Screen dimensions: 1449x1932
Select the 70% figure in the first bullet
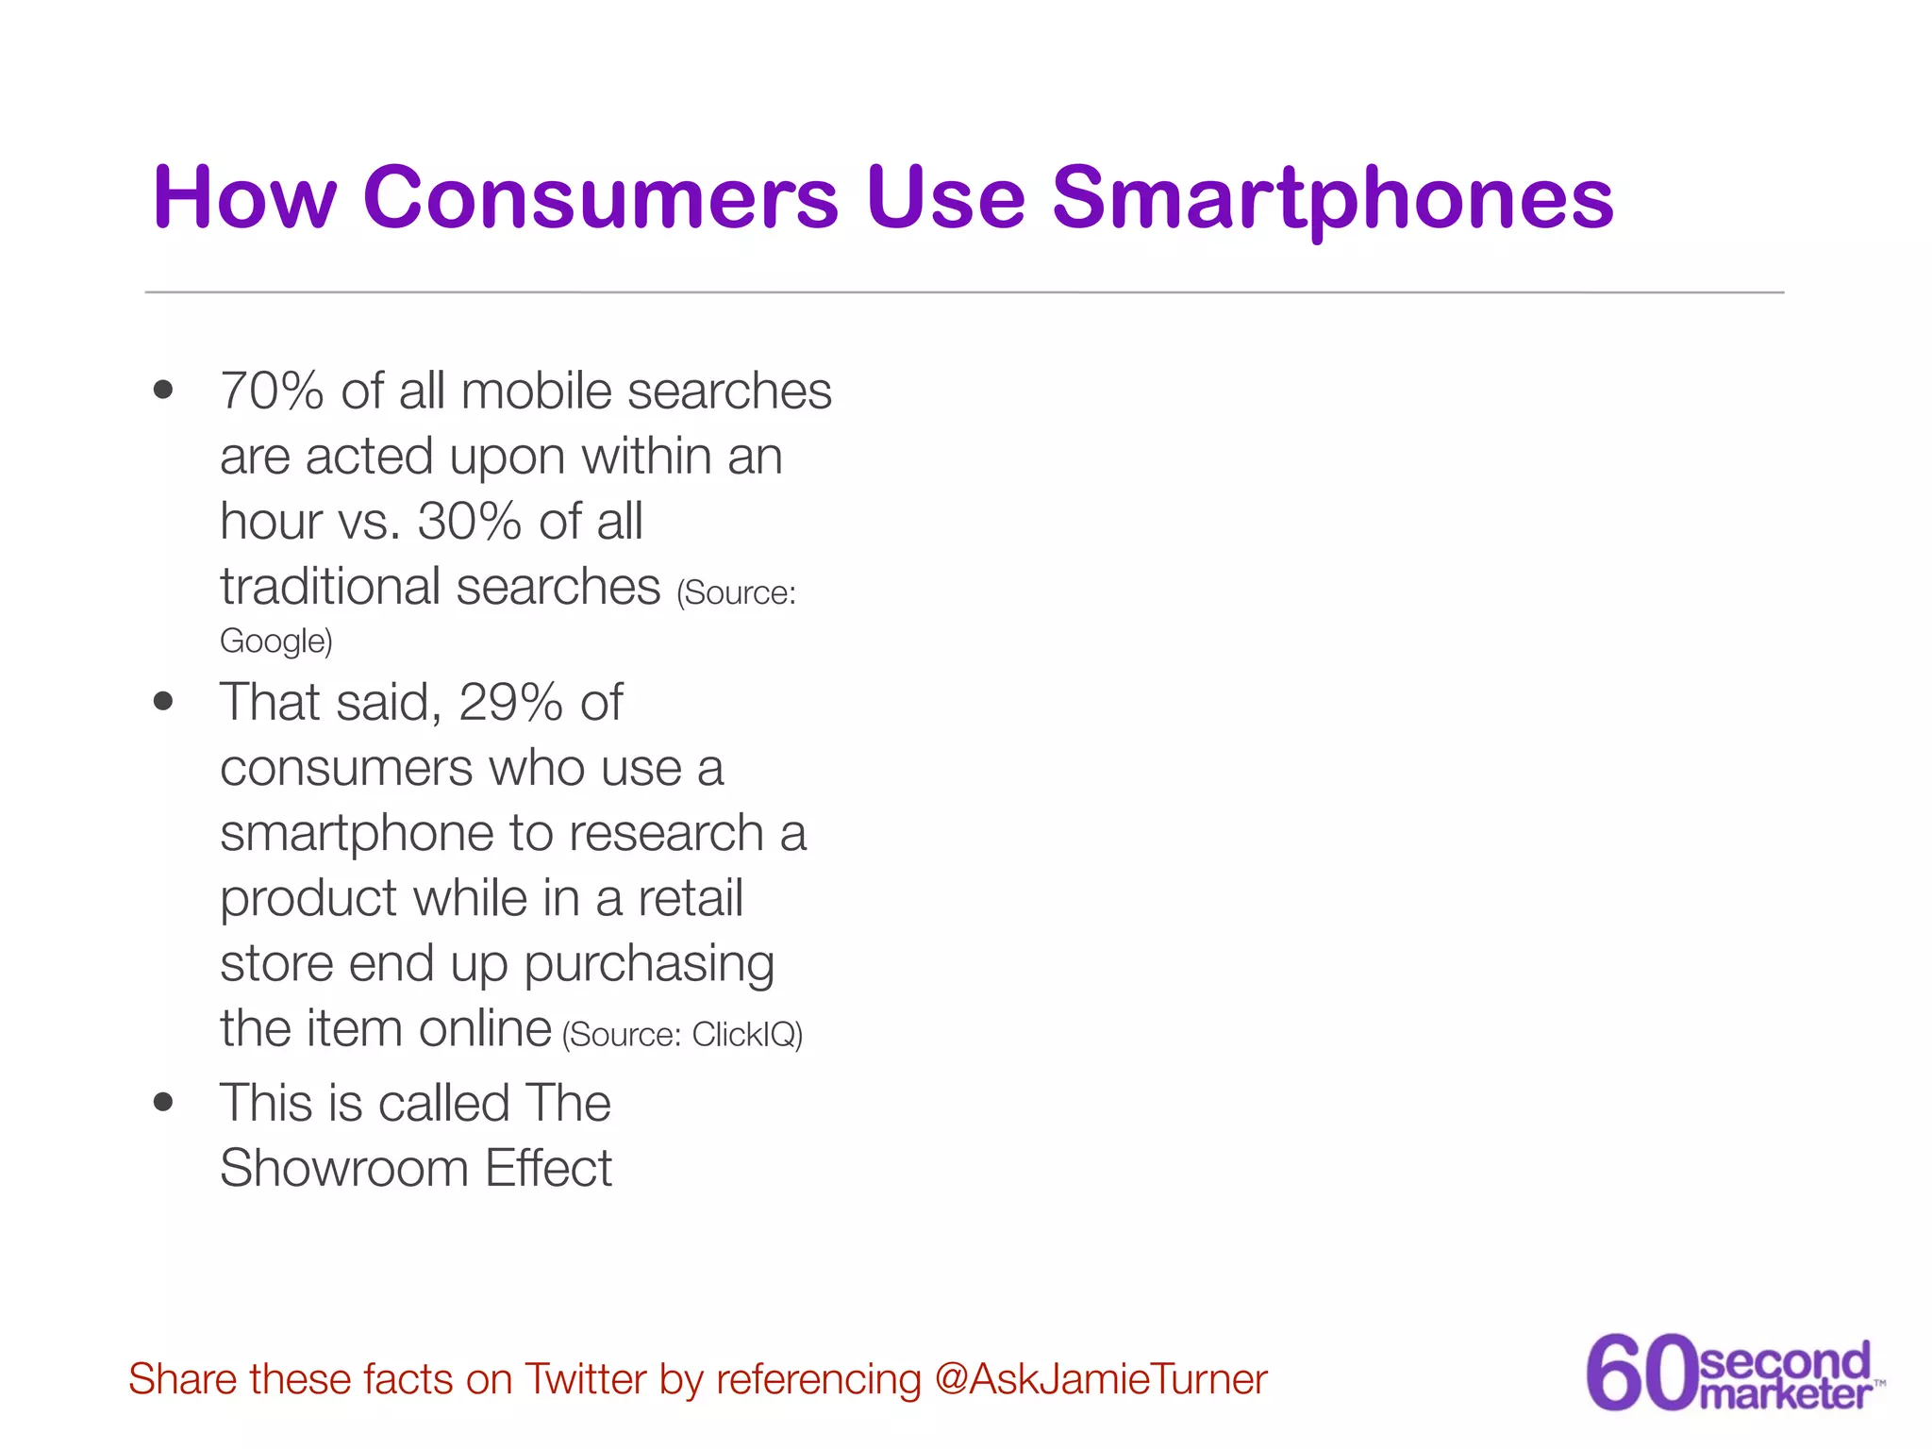(x=272, y=391)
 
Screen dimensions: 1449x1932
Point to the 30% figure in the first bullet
(x=469, y=521)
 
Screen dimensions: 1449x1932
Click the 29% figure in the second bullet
(x=510, y=702)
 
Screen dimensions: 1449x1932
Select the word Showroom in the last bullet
(x=343, y=1168)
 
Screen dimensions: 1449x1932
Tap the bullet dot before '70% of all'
(x=163, y=390)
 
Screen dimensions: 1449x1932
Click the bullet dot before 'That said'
(x=163, y=701)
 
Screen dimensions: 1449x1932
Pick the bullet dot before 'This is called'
(x=163, y=1102)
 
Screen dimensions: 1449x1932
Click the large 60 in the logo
(x=1641, y=1373)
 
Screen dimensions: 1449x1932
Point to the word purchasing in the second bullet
(x=649, y=964)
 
